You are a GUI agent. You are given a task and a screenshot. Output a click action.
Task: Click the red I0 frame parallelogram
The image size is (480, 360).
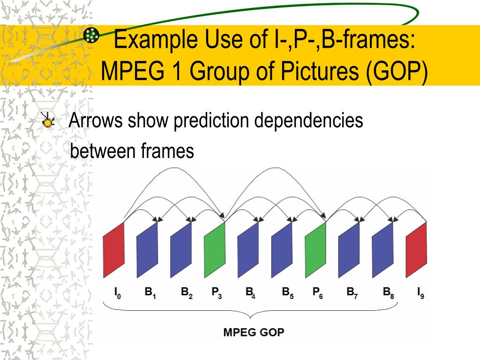point(114,249)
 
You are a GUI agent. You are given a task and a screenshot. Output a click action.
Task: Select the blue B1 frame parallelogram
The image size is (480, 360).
point(148,249)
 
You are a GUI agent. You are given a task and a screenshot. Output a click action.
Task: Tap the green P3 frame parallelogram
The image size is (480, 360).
point(215,249)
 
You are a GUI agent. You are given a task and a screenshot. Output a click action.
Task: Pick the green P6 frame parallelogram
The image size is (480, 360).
point(315,249)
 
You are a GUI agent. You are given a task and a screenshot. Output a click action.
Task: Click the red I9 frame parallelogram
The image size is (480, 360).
point(416,249)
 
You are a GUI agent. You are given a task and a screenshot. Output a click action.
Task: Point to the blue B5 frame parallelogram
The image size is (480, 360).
point(282,249)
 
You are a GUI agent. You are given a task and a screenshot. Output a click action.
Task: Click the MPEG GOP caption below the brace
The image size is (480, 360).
point(254,333)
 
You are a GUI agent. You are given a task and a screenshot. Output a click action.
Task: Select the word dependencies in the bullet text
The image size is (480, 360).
point(309,121)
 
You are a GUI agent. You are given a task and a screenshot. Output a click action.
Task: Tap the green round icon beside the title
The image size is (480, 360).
point(91,35)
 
